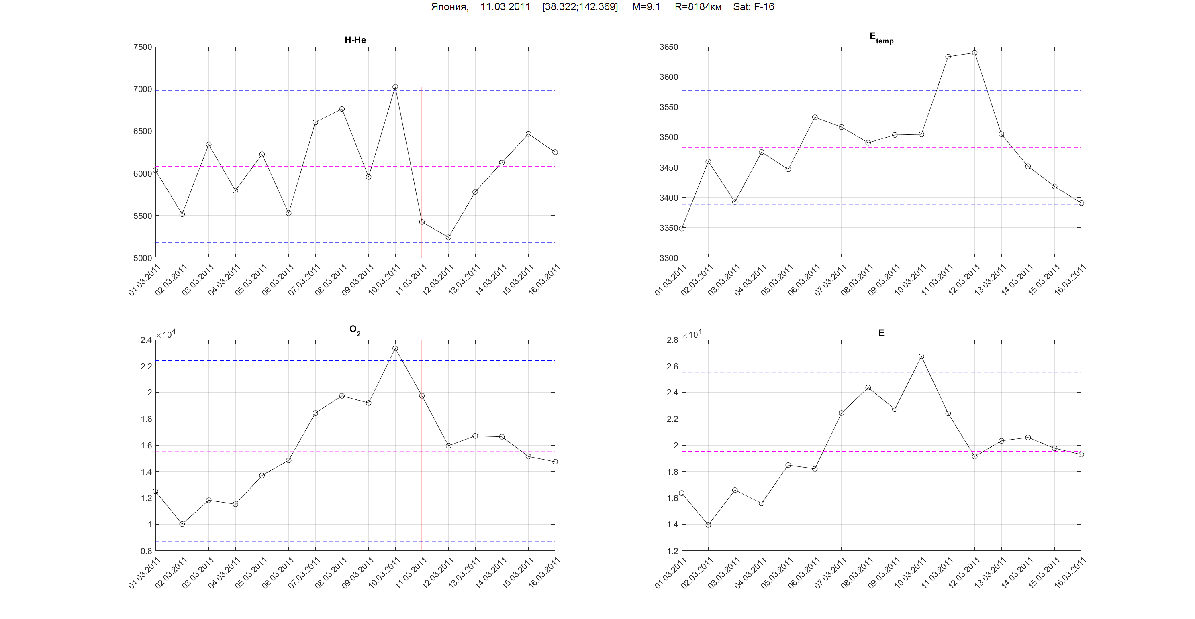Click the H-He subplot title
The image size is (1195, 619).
[x=355, y=40]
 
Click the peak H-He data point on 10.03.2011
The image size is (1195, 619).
[x=395, y=87]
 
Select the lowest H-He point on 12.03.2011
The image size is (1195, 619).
[x=449, y=237]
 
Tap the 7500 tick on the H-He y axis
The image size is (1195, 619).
[x=143, y=47]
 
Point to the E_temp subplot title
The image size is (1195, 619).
[x=881, y=38]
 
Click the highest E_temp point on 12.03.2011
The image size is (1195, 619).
[x=974, y=53]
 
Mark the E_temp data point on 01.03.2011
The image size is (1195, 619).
[x=682, y=228]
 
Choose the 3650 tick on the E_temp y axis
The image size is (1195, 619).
[x=668, y=47]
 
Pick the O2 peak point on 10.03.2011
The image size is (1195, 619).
[x=395, y=348]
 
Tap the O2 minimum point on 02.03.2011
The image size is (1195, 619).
[x=182, y=524]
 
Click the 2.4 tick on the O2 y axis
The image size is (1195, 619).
[x=146, y=340]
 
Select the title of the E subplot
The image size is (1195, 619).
[x=881, y=333]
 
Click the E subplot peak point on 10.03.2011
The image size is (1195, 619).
[x=921, y=356]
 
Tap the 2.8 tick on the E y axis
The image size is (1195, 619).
[x=672, y=340]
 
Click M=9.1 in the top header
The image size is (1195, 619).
[x=646, y=7]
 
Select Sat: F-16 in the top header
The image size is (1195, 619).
[x=754, y=7]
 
